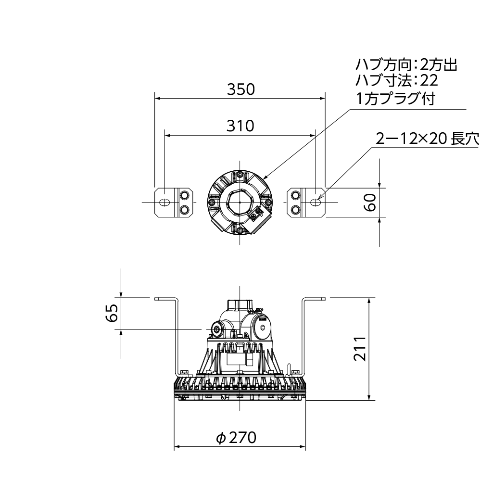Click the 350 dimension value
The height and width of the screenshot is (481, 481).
241,89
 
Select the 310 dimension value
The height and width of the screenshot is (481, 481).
240,126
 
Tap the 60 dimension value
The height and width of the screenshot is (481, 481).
370,202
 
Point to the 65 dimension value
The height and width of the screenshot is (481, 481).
112,313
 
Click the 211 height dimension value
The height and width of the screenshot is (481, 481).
360,348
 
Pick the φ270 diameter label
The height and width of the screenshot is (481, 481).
236,437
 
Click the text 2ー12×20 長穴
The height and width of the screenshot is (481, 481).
427,139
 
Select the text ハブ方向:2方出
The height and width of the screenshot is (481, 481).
406,65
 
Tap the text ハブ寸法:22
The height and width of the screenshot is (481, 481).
397,80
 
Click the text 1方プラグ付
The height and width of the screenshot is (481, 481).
396,99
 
